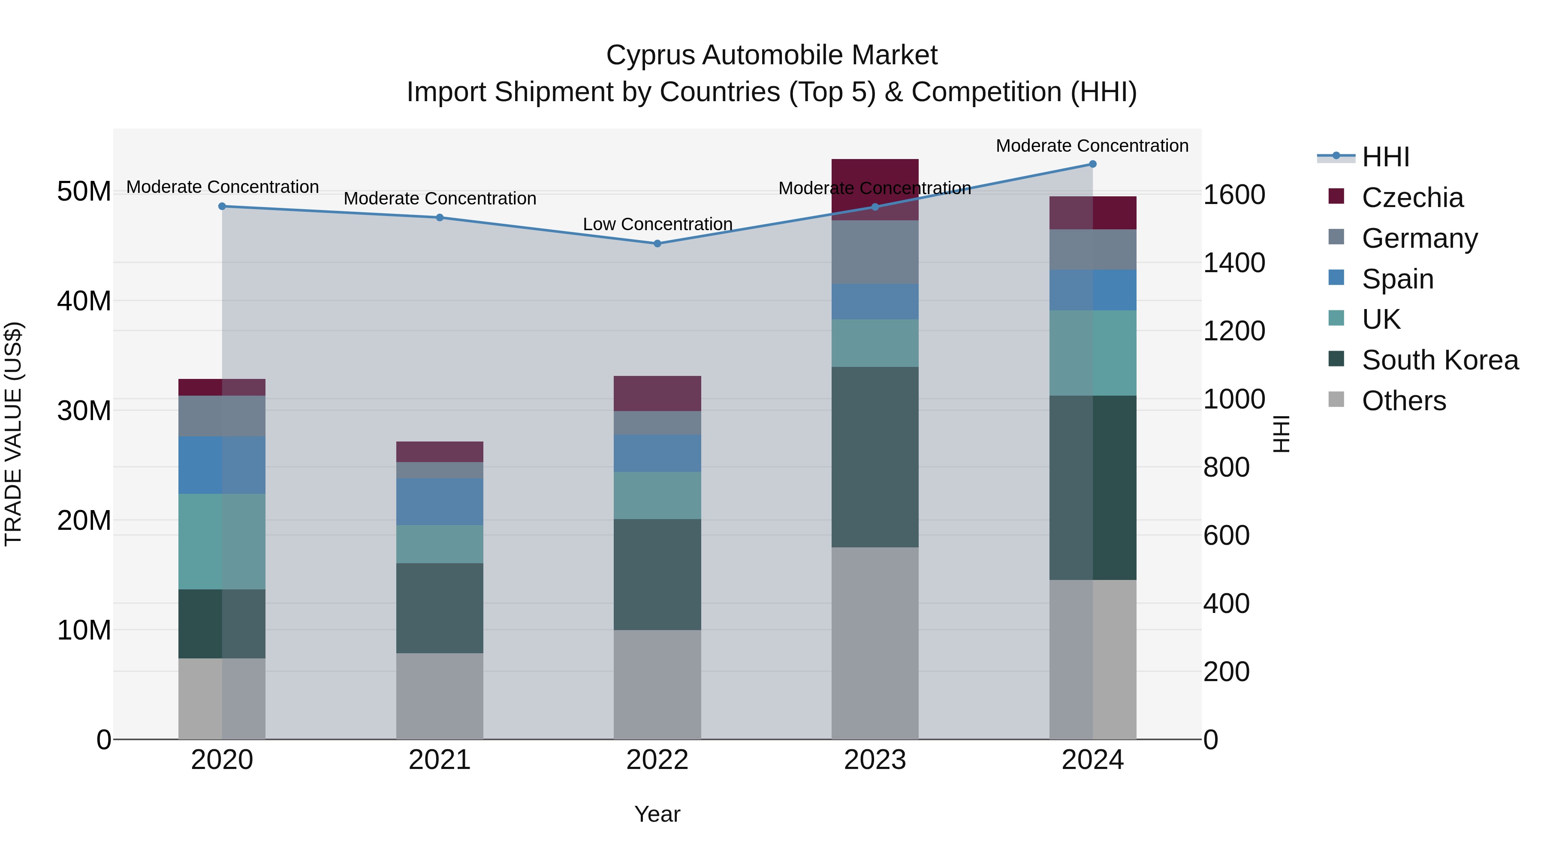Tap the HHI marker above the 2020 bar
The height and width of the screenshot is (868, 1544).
(x=222, y=206)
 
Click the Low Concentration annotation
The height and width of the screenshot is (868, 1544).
(x=657, y=224)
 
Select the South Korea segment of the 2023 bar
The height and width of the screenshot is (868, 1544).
(x=875, y=457)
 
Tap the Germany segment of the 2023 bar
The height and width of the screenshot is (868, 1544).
(x=875, y=252)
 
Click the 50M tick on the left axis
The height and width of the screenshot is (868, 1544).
(x=84, y=192)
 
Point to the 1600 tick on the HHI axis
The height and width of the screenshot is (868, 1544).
(x=1233, y=195)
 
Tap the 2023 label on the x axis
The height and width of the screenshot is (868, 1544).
(x=875, y=760)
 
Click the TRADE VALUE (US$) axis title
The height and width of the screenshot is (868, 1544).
(x=13, y=434)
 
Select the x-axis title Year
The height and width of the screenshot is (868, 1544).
(x=657, y=814)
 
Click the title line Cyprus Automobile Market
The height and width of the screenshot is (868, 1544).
(x=772, y=55)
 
